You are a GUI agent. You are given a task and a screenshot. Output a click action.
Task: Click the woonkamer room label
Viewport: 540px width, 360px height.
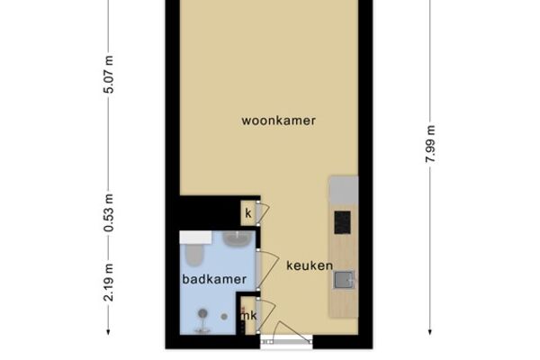pos(279,121)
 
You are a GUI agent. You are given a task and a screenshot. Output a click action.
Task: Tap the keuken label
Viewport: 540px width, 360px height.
pos(310,265)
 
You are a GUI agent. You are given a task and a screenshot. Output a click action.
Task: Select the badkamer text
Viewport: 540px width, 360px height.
pos(214,279)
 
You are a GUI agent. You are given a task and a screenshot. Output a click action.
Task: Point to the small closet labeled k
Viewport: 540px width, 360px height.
pos(248,213)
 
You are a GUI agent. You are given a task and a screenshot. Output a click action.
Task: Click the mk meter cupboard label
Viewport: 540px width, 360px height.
pos(249,315)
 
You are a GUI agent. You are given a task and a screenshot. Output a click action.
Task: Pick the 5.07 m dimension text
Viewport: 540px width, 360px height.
pos(109,74)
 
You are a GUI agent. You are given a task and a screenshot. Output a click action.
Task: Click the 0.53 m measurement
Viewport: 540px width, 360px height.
pos(109,212)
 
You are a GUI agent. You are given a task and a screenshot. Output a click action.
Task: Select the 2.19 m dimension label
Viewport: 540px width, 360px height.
pos(109,282)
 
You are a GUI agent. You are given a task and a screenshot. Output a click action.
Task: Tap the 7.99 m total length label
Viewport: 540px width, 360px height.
pos(430,144)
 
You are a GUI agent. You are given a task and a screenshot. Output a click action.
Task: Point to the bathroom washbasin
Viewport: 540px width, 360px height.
pos(236,238)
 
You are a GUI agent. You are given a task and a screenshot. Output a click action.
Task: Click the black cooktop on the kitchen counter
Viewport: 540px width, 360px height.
pos(342,222)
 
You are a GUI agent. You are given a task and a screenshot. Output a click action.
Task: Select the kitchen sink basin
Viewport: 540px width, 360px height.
pos(344,279)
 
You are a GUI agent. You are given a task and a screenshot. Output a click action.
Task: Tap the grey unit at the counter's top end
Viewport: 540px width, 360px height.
pos(344,190)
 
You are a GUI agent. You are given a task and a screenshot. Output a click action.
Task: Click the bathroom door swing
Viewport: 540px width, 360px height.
pos(268,270)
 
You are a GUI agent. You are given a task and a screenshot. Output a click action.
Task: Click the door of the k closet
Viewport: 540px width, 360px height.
pos(263,213)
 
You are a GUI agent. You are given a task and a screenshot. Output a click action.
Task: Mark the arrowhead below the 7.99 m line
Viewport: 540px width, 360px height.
pos(430,332)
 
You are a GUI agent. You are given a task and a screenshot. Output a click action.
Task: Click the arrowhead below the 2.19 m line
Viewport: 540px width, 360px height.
pos(108,332)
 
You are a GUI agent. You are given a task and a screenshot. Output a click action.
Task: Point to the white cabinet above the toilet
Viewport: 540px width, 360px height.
pos(195,238)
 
